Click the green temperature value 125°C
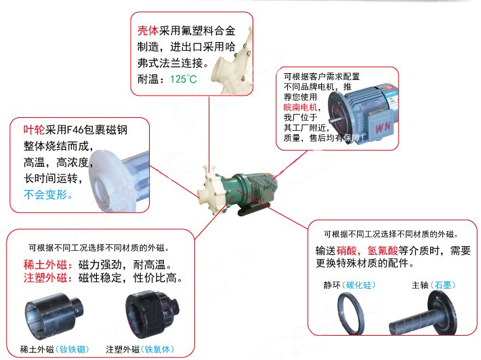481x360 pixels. click(x=184, y=79)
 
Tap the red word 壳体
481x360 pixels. click(x=148, y=31)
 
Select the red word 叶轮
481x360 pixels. click(x=34, y=129)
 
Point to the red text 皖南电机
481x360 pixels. click(x=300, y=107)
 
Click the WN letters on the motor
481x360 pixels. click(x=383, y=127)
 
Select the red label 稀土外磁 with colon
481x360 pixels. click(x=48, y=264)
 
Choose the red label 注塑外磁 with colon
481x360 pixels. click(x=48, y=278)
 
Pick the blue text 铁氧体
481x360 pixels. click(x=157, y=349)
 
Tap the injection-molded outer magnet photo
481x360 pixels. click(x=152, y=314)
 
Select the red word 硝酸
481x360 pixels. click(x=347, y=251)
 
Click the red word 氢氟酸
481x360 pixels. click(x=383, y=251)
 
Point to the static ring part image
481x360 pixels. click(x=351, y=313)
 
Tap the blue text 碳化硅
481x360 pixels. click(x=359, y=285)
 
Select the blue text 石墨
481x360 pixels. click(x=443, y=285)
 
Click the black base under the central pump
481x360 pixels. click(x=254, y=209)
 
